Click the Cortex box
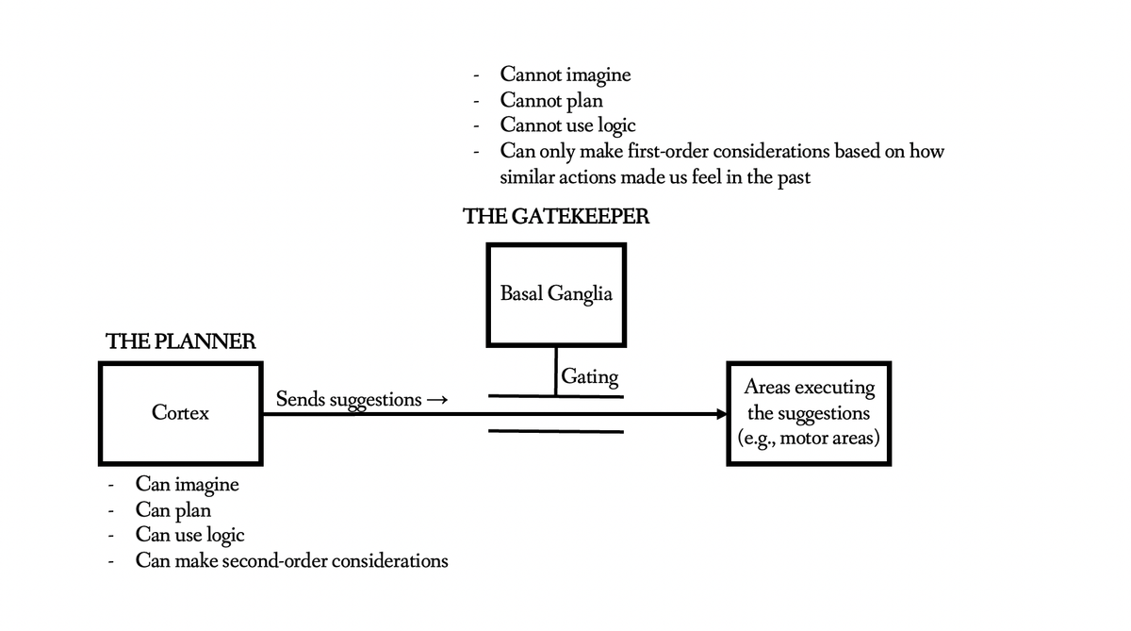pyautogui.click(x=180, y=413)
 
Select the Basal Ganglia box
pyautogui.click(x=556, y=293)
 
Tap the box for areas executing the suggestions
pyautogui.click(x=809, y=413)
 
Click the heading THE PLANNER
pyautogui.click(x=181, y=341)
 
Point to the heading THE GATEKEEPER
pyautogui.click(x=556, y=217)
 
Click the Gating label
pyautogui.click(x=590, y=377)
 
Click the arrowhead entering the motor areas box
pyautogui.click(x=721, y=413)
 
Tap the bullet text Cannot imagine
pyautogui.click(x=565, y=74)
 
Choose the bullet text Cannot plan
pyautogui.click(x=551, y=99)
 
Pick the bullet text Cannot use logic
pyautogui.click(x=567, y=125)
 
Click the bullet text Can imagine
pyautogui.click(x=187, y=485)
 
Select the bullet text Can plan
pyautogui.click(x=173, y=510)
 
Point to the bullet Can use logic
pyautogui.click(x=189, y=536)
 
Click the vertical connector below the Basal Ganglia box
pyautogui.click(x=556, y=371)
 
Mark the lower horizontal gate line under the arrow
pyautogui.click(x=556, y=432)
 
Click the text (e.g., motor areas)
pyautogui.click(x=809, y=439)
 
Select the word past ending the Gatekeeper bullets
pyautogui.click(x=794, y=177)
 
